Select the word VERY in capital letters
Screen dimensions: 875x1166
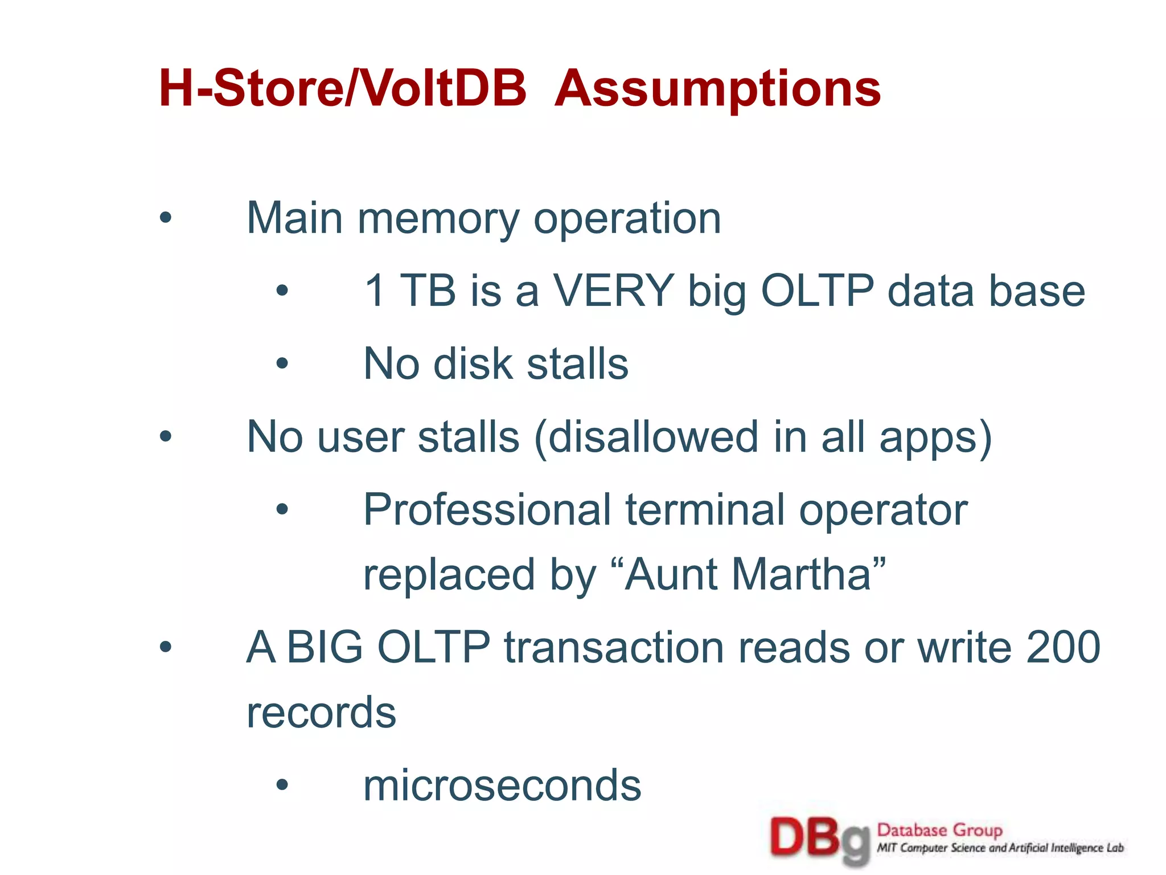point(614,291)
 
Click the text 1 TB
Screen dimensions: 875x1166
point(410,291)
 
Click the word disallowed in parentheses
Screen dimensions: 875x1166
point(646,437)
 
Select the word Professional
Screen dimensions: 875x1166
point(487,510)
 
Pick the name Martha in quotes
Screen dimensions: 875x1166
point(808,575)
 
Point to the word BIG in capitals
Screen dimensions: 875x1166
point(325,648)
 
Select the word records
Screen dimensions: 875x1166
point(321,713)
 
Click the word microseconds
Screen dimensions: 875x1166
point(502,786)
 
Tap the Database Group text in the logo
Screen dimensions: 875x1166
point(939,831)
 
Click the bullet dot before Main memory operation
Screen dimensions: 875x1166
point(166,218)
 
